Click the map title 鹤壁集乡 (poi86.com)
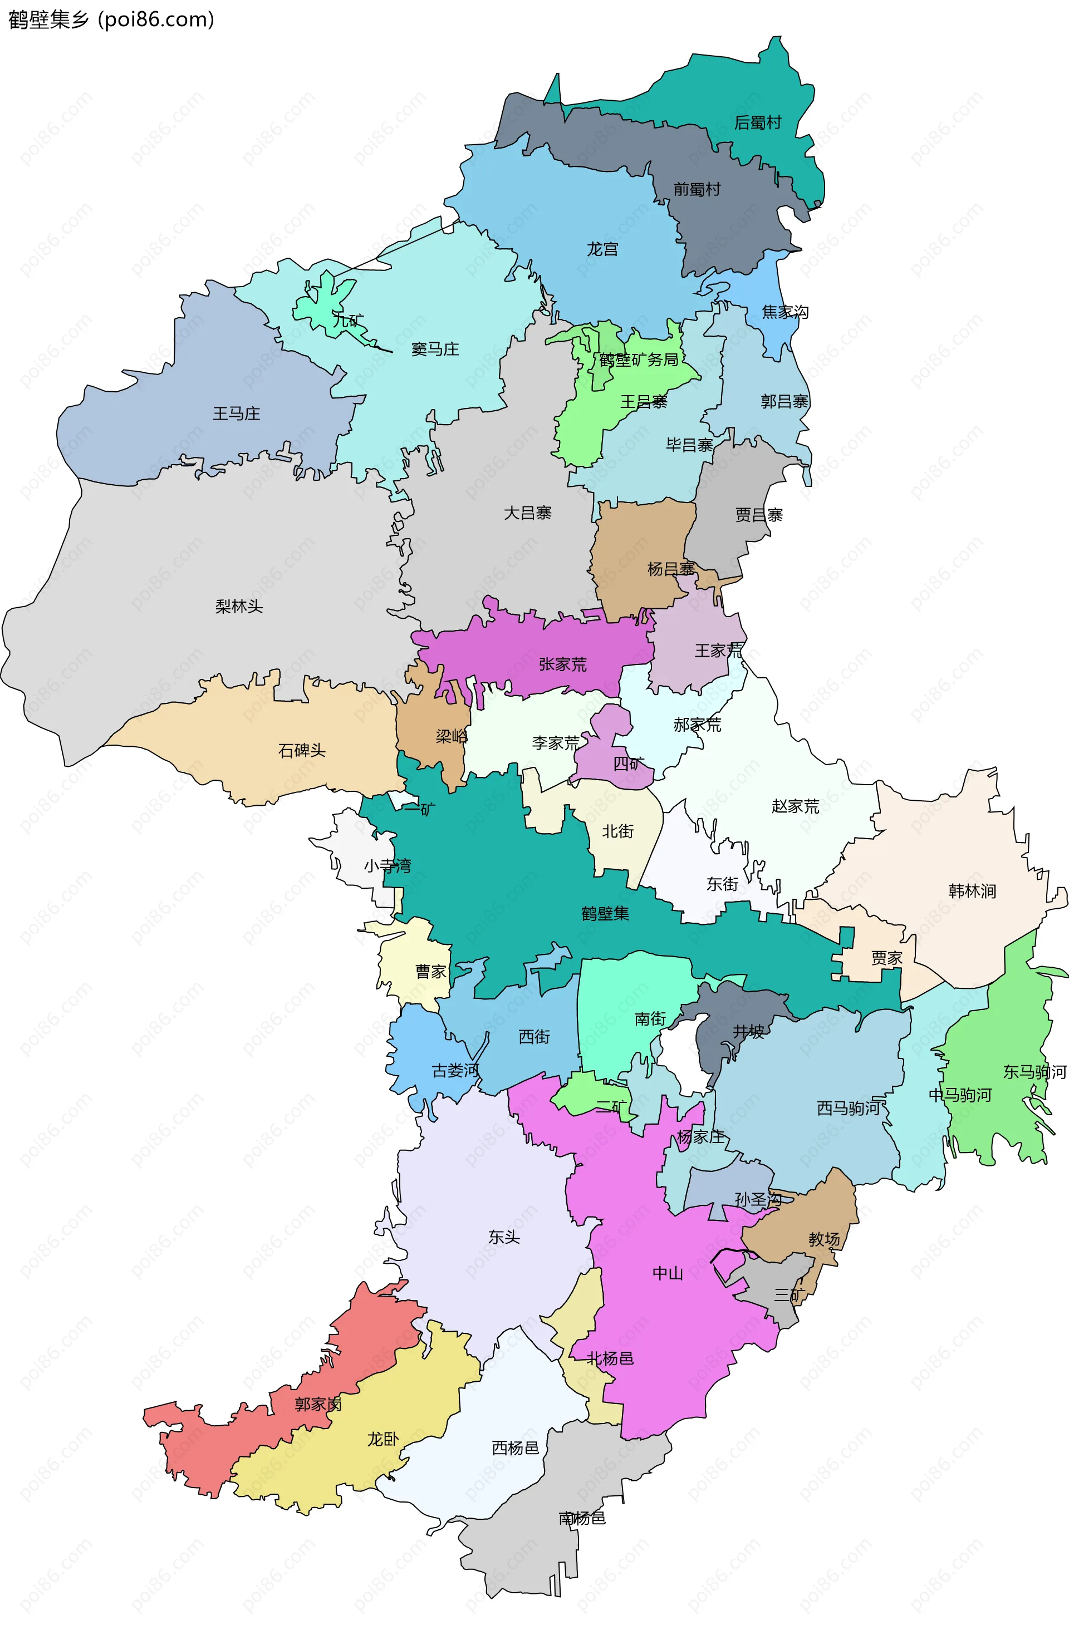(x=111, y=19)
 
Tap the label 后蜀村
(x=758, y=122)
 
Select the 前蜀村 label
(x=697, y=189)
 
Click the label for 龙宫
(x=602, y=249)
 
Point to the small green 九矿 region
(x=323, y=306)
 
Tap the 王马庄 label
(x=236, y=413)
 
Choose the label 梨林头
(x=238, y=606)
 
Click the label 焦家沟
(x=784, y=312)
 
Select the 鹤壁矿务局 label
(x=638, y=359)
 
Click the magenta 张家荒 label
(x=562, y=663)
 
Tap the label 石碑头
(x=301, y=750)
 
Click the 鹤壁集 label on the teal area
(x=605, y=913)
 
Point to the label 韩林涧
(x=972, y=890)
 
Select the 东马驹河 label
(x=1034, y=1071)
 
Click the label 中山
(x=667, y=1273)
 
